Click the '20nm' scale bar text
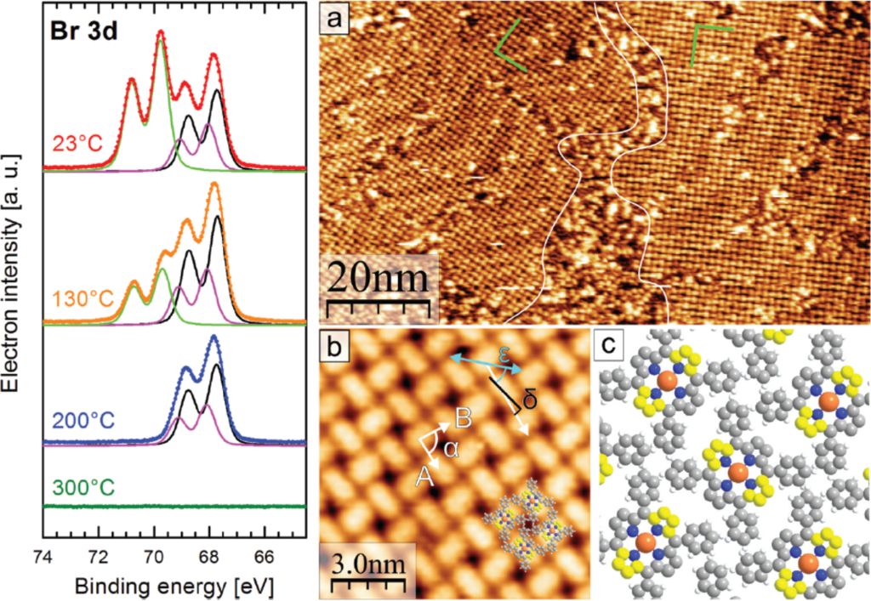point(379,277)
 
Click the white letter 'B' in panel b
point(464,417)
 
